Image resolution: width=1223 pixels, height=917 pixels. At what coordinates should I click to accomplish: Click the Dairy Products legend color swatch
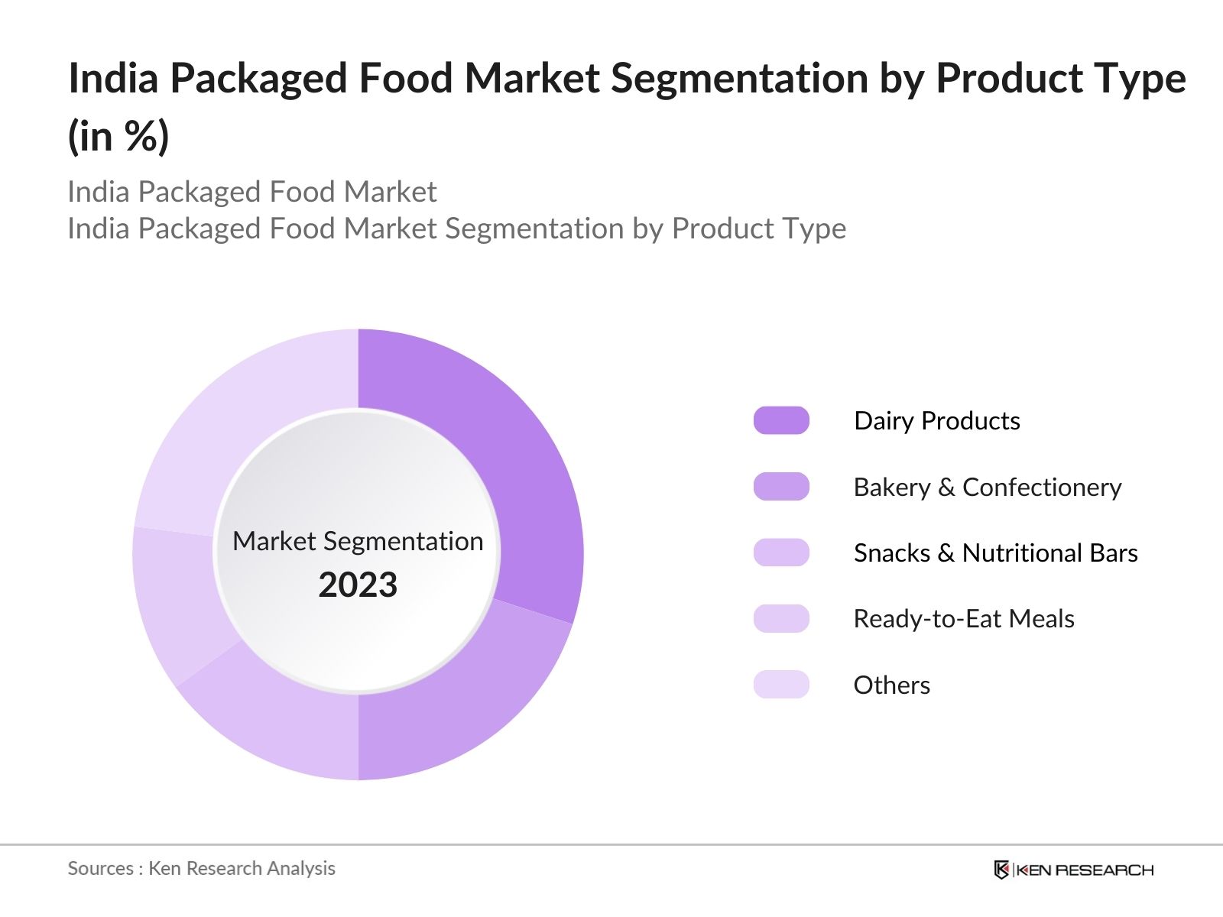pyautogui.click(x=781, y=420)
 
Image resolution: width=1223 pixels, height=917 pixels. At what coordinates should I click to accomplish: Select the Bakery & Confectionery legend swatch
pyautogui.click(x=781, y=487)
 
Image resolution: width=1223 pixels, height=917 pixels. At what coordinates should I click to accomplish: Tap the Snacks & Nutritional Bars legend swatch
pyautogui.click(x=781, y=552)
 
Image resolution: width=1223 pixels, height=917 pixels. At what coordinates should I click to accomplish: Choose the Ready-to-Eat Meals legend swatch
pyautogui.click(x=781, y=619)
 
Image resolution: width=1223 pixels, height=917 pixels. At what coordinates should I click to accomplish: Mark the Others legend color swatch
pyautogui.click(x=781, y=685)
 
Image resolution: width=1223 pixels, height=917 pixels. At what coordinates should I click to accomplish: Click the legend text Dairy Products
pyautogui.click(x=936, y=421)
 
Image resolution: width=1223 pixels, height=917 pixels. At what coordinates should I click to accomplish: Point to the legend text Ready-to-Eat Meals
pyautogui.click(x=963, y=619)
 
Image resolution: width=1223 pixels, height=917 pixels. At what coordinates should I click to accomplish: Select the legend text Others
pyautogui.click(x=891, y=685)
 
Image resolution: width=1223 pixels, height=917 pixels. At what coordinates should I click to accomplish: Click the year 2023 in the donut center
pyautogui.click(x=358, y=585)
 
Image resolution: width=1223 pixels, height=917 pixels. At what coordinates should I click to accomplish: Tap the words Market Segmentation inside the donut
pyautogui.click(x=358, y=541)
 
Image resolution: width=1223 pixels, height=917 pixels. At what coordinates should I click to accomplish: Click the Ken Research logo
pyautogui.click(x=1073, y=870)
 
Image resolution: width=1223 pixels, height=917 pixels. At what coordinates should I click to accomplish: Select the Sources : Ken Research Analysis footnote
pyautogui.click(x=201, y=868)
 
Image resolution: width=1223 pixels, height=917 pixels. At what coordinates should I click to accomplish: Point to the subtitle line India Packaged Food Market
pyautogui.click(x=251, y=192)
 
